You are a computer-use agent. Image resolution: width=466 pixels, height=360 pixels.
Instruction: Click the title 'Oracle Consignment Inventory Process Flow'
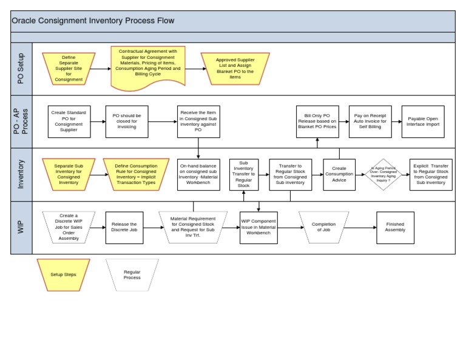point(93,21)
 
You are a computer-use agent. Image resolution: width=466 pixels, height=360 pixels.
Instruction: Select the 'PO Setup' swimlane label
point(21,69)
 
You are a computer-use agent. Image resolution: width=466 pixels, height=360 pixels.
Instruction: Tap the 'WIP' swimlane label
point(21,228)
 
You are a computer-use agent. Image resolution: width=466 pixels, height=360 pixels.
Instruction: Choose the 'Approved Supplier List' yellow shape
point(235,69)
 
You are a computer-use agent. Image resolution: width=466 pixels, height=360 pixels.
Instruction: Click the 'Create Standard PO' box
point(69,121)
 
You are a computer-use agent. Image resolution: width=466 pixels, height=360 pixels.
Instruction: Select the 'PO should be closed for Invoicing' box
point(127,121)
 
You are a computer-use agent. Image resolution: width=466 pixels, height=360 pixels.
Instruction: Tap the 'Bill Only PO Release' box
point(317,121)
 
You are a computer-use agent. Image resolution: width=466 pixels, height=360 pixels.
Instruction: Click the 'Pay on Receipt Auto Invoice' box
point(370,121)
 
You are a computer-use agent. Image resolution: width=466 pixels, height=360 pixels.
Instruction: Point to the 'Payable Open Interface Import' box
point(423,121)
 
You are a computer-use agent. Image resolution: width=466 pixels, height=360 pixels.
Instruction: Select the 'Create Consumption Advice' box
point(339,175)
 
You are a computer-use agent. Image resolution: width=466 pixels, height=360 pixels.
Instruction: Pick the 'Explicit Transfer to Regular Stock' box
point(431,175)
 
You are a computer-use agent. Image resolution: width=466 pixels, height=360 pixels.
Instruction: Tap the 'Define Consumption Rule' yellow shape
point(135,175)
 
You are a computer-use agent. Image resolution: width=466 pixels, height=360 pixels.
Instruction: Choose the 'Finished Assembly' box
point(395,228)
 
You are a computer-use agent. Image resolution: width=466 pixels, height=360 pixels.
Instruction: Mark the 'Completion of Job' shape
point(323,228)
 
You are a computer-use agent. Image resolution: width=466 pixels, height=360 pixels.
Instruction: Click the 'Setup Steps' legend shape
point(64,274)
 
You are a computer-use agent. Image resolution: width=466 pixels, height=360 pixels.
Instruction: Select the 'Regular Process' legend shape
point(132,274)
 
